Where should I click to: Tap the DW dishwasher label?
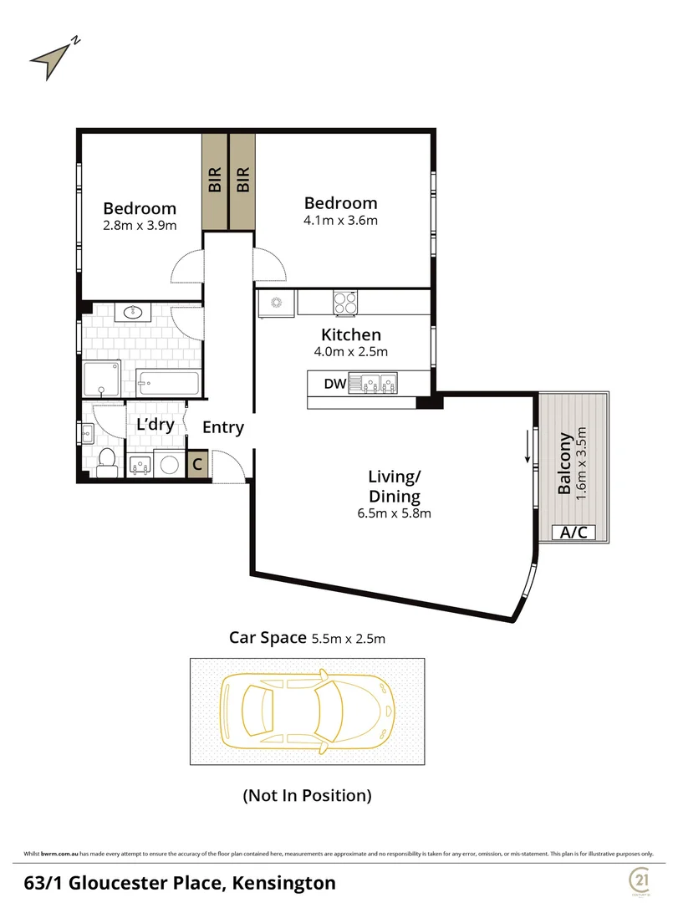(334, 384)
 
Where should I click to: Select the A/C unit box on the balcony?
(572, 532)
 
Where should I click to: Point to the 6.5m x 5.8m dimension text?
(393, 513)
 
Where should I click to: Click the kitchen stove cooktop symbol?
(345, 301)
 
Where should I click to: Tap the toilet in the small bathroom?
(107, 462)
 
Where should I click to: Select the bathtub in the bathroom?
(168, 384)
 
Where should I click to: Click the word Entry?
(223, 427)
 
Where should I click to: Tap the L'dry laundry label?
(155, 425)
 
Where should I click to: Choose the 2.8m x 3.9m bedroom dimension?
(140, 226)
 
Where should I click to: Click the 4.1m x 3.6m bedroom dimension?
(340, 221)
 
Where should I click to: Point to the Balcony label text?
(566, 462)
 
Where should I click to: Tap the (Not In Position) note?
(307, 795)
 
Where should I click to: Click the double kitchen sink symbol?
(377, 384)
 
